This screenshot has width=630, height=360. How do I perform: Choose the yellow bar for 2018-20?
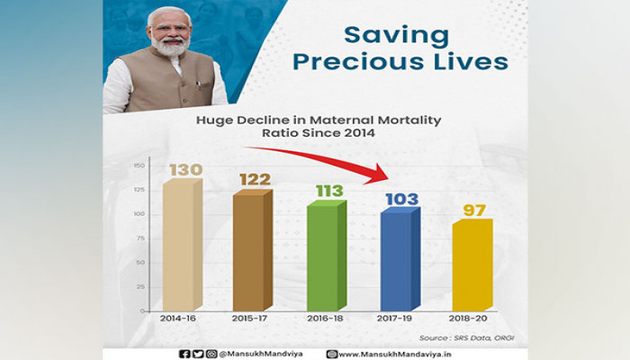pyautogui.click(x=472, y=266)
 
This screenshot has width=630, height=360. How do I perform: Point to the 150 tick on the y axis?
pyautogui.click(x=139, y=166)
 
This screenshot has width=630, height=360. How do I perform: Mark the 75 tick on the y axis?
pyautogui.click(x=139, y=238)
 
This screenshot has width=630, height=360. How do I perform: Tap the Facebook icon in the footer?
pyautogui.click(x=184, y=354)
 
